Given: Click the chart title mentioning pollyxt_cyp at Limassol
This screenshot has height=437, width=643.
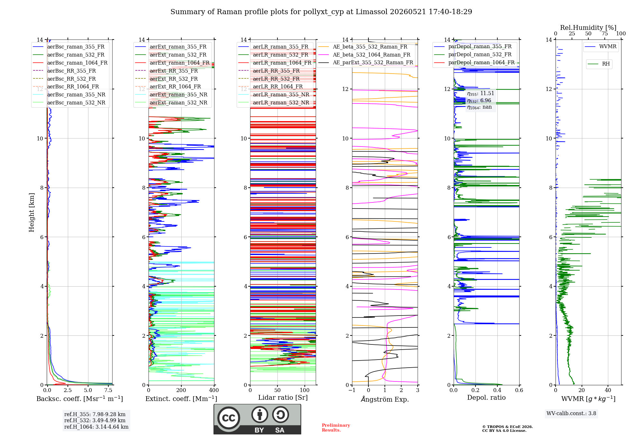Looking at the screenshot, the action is [321, 12].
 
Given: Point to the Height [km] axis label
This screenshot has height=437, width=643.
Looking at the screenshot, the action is [32, 212].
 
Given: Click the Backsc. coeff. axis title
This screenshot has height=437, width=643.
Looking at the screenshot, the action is [80, 399].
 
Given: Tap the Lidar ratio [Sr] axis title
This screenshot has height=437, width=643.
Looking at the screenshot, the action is [283, 397].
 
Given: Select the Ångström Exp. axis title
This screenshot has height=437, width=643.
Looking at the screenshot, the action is [385, 399].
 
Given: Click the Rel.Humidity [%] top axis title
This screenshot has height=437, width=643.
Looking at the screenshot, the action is [588, 28].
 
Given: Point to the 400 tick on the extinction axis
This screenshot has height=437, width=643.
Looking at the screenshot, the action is [214, 390].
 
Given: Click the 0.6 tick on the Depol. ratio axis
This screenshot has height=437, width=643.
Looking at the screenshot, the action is [519, 390].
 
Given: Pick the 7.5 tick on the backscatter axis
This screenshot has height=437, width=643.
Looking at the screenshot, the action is [108, 390].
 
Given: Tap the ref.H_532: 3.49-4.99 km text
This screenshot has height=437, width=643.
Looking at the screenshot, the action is [95, 420].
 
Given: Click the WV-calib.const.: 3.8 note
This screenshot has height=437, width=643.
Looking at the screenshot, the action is [571, 414].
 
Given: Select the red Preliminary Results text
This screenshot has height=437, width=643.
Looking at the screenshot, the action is [336, 428].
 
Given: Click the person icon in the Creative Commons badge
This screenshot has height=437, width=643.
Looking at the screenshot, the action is [260, 415].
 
